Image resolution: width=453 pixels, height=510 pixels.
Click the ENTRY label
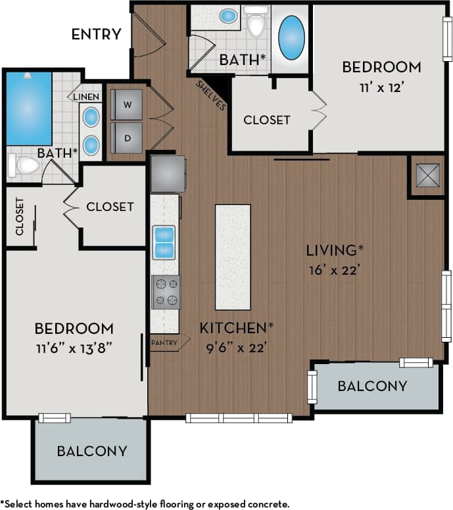pyautogui.click(x=96, y=34)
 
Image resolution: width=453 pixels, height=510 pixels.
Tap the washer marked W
pyautogui.click(x=126, y=104)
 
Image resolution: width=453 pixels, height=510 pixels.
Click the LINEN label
pyautogui.click(x=86, y=97)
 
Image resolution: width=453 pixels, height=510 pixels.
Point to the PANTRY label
pyautogui.click(x=164, y=342)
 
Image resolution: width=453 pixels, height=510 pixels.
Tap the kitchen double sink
pyautogui.click(x=164, y=242)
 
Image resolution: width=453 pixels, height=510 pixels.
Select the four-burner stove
pyautogui.click(x=166, y=292)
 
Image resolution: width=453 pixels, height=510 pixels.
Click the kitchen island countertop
pyautogui.click(x=233, y=256)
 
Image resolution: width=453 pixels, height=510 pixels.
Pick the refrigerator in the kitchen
pyautogui.click(x=168, y=174)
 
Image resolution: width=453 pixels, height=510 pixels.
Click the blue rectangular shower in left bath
pyautogui.click(x=29, y=108)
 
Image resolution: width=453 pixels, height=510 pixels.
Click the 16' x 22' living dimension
pyautogui.click(x=333, y=269)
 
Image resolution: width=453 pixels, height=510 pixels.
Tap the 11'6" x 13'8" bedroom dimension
pyautogui.click(x=74, y=347)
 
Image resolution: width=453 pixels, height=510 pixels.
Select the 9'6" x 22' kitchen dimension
pyautogui.click(x=233, y=347)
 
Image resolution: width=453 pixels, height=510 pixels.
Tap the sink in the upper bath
pyautogui.click(x=229, y=16)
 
